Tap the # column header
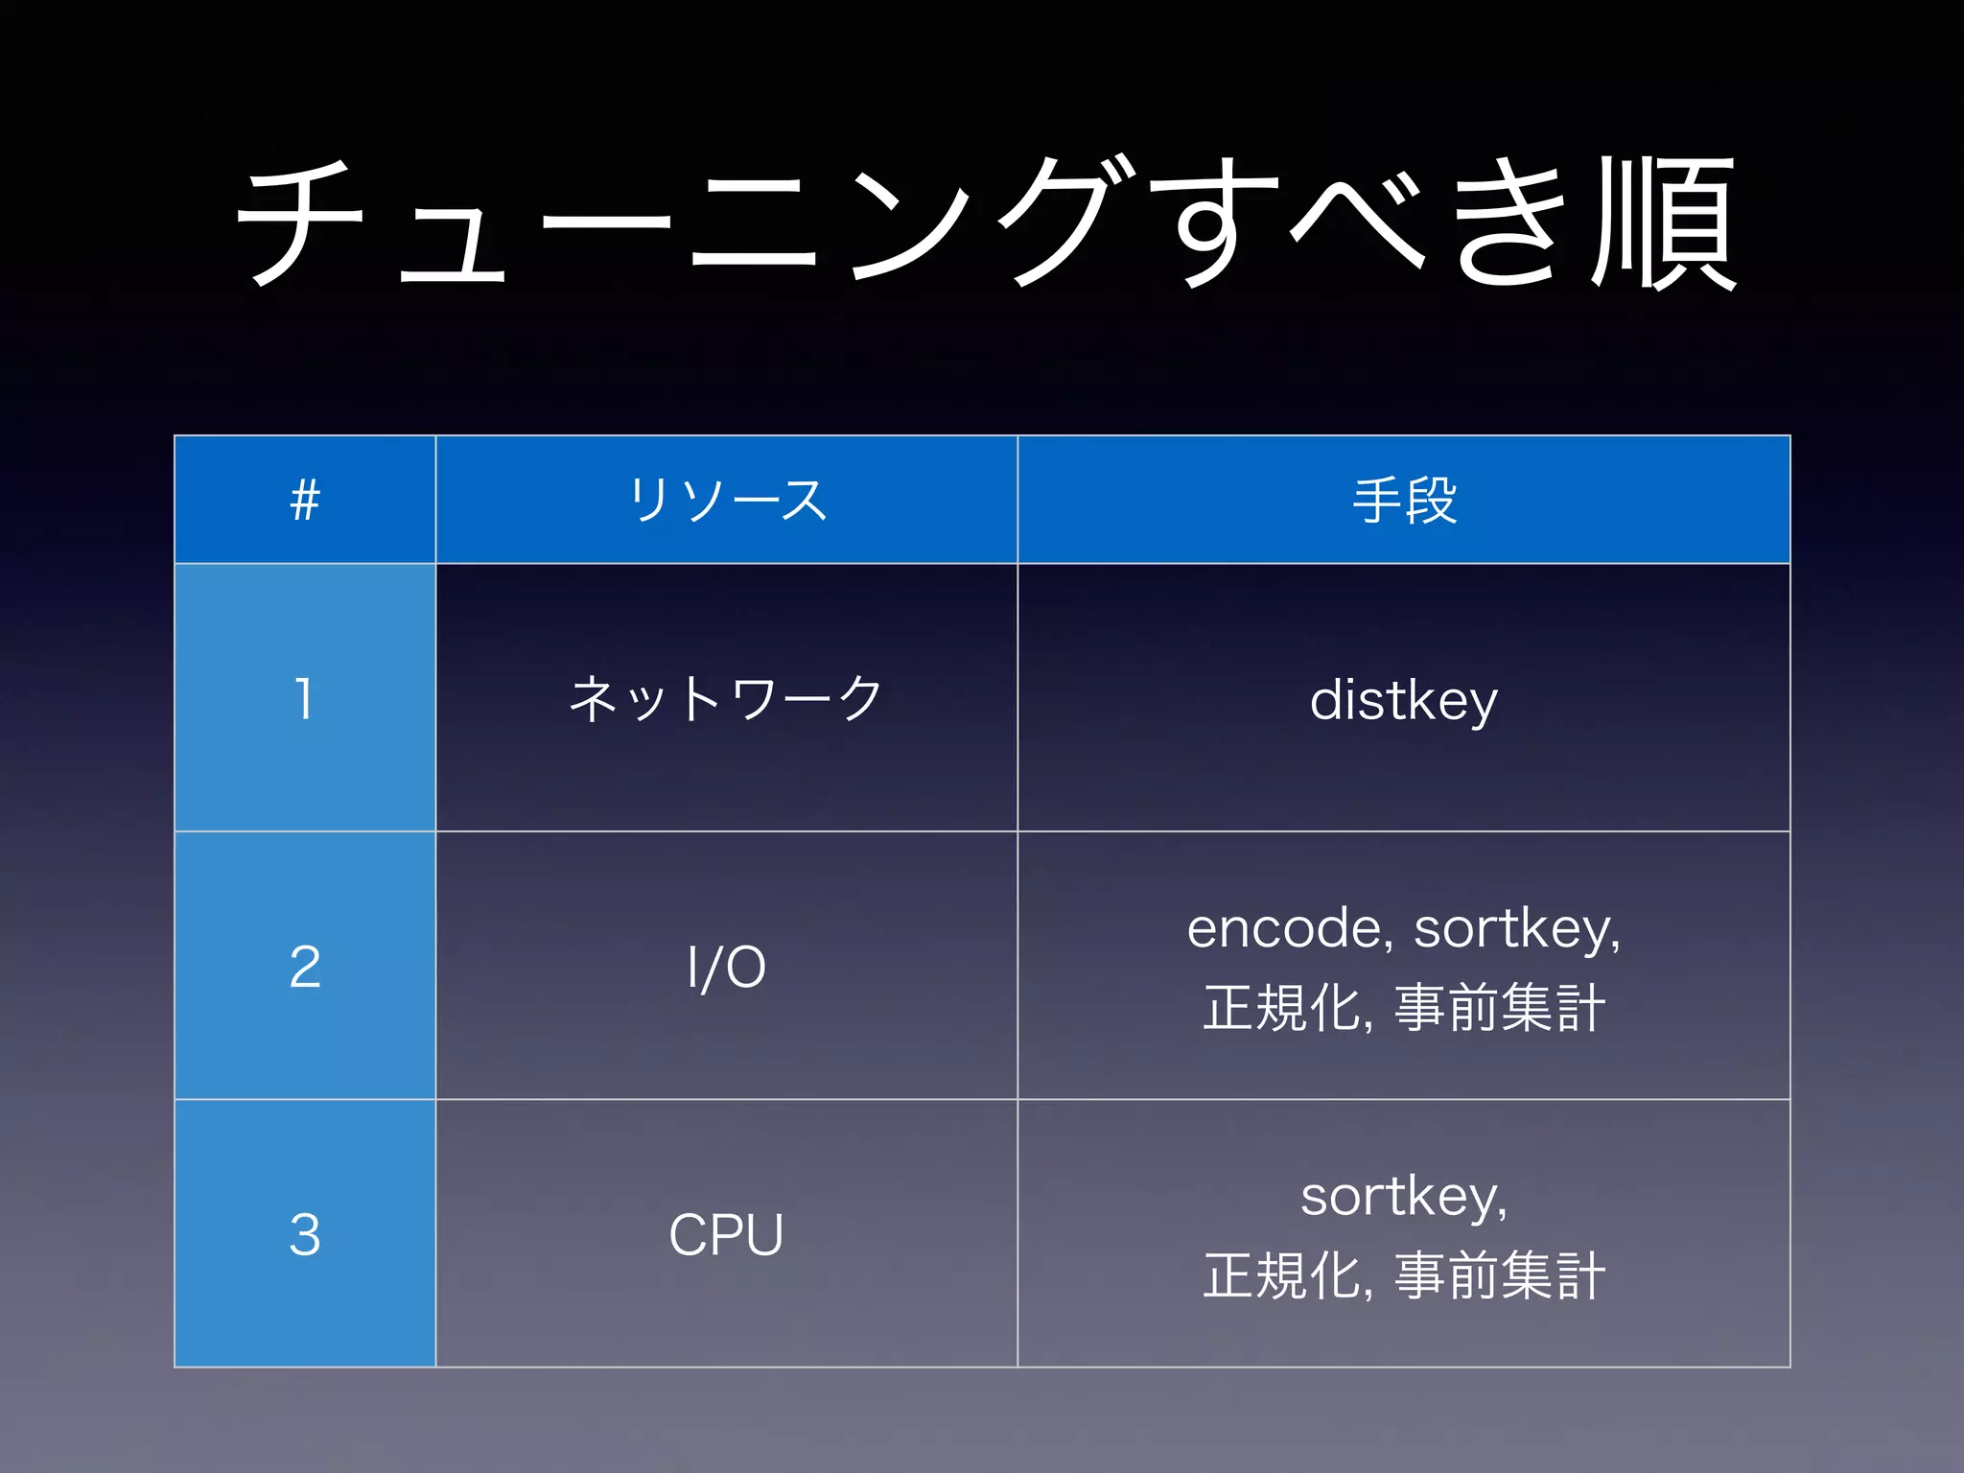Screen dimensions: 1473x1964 (305, 500)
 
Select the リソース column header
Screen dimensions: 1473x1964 (727, 500)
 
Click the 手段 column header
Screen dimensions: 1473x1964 (1404, 500)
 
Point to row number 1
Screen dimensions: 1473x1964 (304, 698)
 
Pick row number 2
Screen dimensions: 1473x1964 (305, 967)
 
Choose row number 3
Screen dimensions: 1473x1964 (305, 1234)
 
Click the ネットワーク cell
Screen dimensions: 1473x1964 (726, 698)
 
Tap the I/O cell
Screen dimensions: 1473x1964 (726, 967)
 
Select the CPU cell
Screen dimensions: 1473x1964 (726, 1234)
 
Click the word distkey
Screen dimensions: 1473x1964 (1403, 700)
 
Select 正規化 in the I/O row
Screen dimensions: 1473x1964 (1283, 1008)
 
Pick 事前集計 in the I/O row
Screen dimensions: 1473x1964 (1499, 1008)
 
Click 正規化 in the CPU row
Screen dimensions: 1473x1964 (1283, 1276)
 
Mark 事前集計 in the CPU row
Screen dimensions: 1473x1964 (1499, 1276)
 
